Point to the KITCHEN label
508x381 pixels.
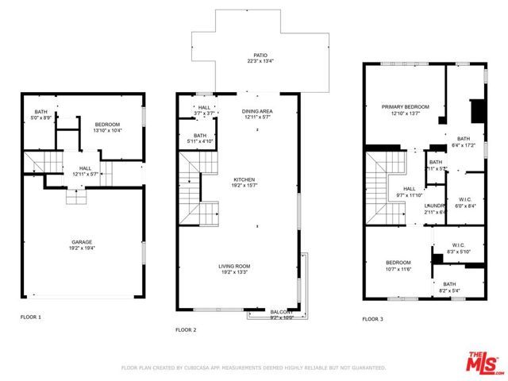[x=244, y=179]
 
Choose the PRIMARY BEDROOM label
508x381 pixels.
[x=405, y=107]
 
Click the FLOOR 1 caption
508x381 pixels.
[x=31, y=317]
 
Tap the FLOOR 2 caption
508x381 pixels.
[x=186, y=329]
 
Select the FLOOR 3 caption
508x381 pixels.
[x=372, y=319]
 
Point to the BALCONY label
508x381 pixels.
[x=282, y=312]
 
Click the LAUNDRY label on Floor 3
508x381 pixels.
[x=435, y=206]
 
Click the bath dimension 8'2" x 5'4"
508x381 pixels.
[x=449, y=291]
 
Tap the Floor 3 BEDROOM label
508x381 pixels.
[x=398, y=263]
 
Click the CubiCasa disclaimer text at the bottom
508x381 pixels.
[x=253, y=368]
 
